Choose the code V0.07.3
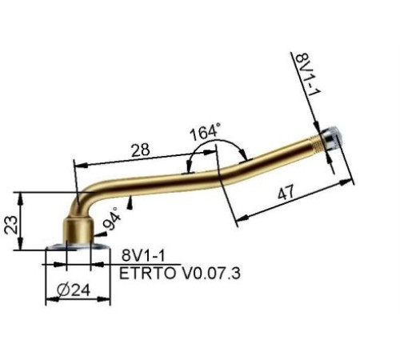point(207,272)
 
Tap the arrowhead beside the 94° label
point(129,205)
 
